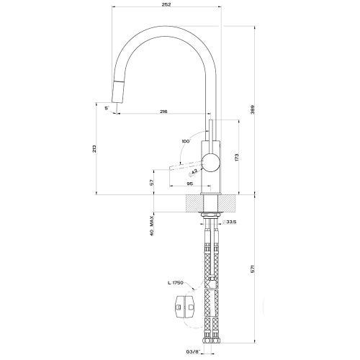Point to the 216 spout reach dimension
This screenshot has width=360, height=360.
(x=164, y=112)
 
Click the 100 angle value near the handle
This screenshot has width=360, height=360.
(x=186, y=141)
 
